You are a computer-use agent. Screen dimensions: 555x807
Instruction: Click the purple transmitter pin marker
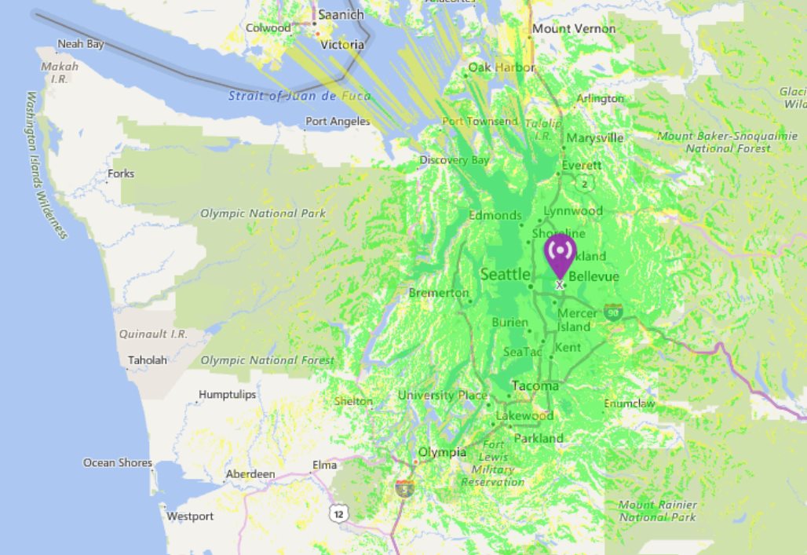click(560, 254)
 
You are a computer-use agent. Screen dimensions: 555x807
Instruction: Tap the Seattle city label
click(505, 275)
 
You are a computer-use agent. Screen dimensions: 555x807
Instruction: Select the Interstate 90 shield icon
click(613, 312)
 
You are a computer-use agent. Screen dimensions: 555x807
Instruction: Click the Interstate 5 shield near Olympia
click(405, 487)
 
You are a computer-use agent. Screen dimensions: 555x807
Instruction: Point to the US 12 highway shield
click(338, 513)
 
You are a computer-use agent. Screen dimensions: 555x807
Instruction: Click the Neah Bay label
click(80, 45)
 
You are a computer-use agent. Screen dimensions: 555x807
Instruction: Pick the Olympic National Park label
click(262, 214)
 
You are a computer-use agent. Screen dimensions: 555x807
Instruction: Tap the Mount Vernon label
click(568, 29)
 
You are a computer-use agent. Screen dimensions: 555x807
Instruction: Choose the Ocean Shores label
click(118, 463)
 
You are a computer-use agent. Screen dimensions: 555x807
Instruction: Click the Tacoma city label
click(535, 386)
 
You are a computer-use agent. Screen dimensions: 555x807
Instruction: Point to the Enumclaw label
click(629, 404)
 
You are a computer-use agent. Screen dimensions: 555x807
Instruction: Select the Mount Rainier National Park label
click(657, 511)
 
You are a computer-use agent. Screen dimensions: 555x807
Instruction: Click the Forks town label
click(122, 173)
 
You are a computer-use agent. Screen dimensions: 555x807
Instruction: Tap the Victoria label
click(342, 45)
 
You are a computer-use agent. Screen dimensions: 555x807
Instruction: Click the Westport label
click(189, 517)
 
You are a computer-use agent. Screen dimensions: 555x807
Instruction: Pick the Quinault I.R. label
click(153, 334)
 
